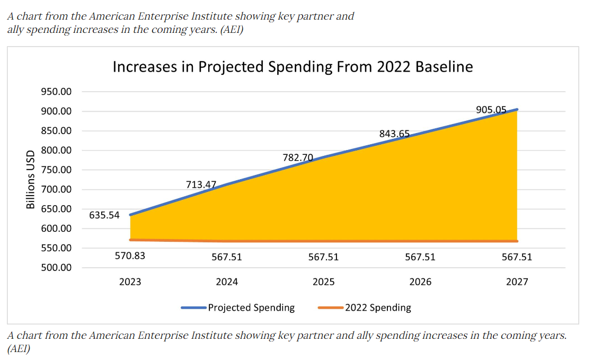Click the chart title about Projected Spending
click(x=293, y=67)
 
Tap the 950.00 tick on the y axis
click(x=56, y=92)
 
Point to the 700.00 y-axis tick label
click(x=56, y=189)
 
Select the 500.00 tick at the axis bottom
click(x=56, y=267)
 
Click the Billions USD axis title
click(x=31, y=180)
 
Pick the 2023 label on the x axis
click(x=130, y=282)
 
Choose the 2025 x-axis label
click(x=323, y=282)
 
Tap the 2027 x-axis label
click(x=517, y=282)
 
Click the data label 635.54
click(x=104, y=215)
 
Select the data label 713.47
click(x=201, y=185)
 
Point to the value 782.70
click(x=298, y=157)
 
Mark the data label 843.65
click(x=394, y=134)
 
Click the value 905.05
click(x=491, y=110)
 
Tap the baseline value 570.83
click(x=130, y=256)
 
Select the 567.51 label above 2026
click(x=420, y=257)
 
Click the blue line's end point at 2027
click(x=517, y=110)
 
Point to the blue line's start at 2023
click(x=130, y=215)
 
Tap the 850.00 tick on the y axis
click(x=56, y=131)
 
